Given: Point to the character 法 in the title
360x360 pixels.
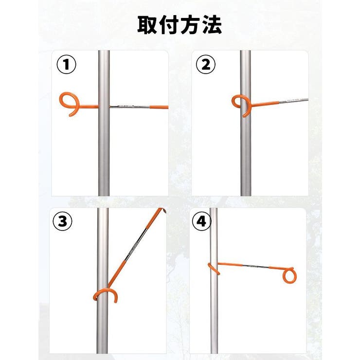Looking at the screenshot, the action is (212, 25).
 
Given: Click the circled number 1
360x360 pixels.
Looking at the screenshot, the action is (66, 64).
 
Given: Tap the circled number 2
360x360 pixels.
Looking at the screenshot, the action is (205, 64).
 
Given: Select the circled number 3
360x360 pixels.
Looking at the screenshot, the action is (62, 221).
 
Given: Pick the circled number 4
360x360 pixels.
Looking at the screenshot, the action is (201, 221).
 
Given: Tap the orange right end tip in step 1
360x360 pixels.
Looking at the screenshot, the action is (168, 107).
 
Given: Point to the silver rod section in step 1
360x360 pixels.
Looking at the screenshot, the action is (130, 107).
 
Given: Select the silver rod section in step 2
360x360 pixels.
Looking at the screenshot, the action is (294, 101).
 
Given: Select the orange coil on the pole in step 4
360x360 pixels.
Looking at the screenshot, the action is (214, 269).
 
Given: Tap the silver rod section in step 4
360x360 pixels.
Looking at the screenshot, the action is (255, 266).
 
